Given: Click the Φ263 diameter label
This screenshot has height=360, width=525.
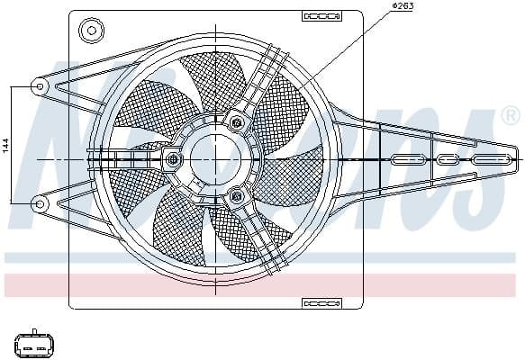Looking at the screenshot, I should click(402, 8).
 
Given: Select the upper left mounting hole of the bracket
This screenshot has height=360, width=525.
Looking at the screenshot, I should click(40, 85).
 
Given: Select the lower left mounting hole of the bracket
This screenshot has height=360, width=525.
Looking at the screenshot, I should click(40, 203).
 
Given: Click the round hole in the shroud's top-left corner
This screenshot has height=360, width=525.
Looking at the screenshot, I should click(90, 31).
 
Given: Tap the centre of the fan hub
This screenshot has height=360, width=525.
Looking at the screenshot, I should click(216, 159).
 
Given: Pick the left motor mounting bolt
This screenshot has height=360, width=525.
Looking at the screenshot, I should click(173, 160).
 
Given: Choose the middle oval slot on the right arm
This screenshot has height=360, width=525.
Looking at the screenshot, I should click(448, 159).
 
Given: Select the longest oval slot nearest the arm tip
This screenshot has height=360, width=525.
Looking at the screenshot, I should click(491, 159).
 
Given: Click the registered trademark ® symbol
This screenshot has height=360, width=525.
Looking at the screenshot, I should click(509, 115).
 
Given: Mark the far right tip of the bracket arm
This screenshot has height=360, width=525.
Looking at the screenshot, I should click(519, 159).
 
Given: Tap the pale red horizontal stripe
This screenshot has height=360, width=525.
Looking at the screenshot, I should click(262, 285).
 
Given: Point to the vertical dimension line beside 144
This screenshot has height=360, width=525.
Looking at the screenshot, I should click(13, 145).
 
